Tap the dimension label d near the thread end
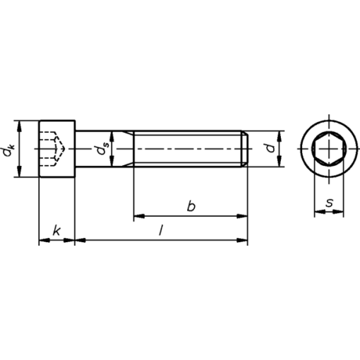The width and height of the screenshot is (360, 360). (x=270, y=148)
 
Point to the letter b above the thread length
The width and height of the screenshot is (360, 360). (x=191, y=206)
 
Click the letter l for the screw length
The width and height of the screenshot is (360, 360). (x=161, y=230)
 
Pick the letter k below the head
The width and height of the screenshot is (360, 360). (x=56, y=230)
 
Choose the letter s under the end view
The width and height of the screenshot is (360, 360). (x=330, y=203)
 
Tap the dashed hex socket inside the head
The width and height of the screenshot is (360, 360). (x=53, y=149)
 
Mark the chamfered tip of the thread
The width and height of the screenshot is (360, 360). (x=245, y=149)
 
